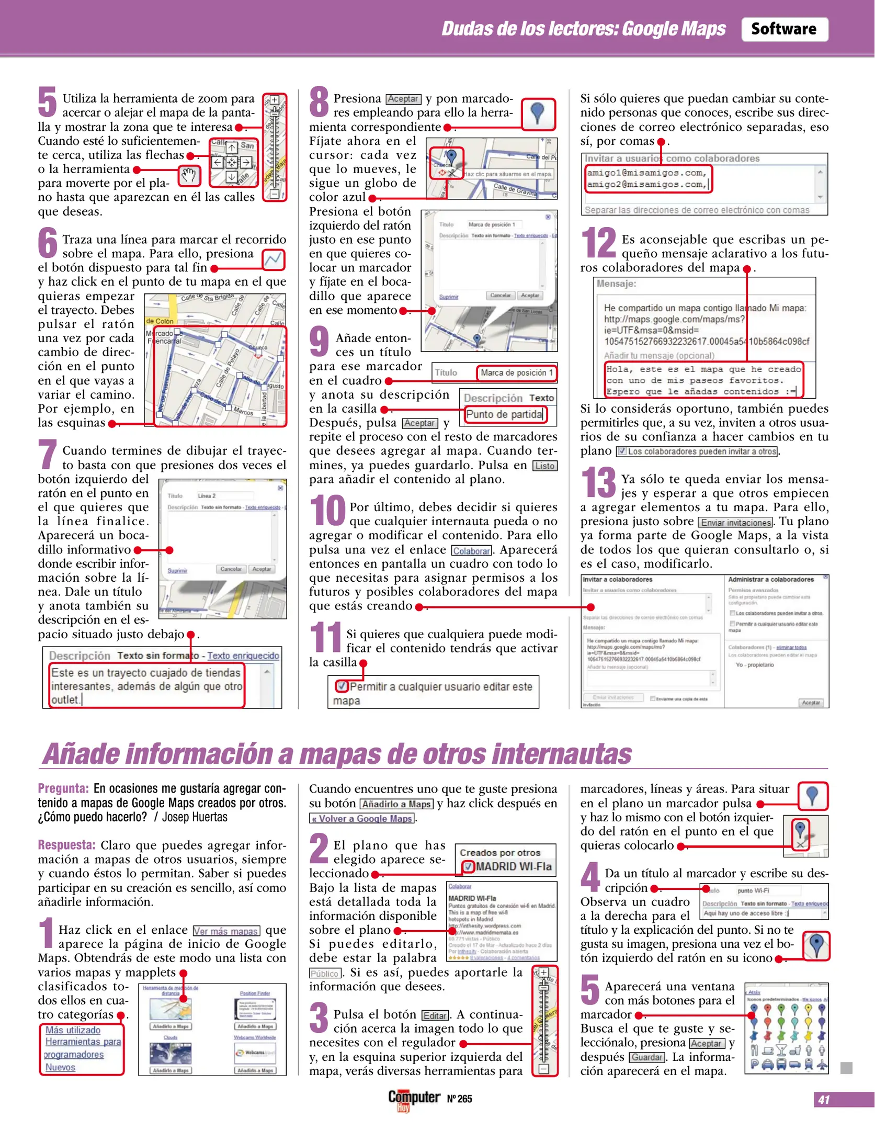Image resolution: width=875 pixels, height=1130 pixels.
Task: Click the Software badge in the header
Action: [783, 29]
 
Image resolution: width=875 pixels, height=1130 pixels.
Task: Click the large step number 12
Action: [598, 243]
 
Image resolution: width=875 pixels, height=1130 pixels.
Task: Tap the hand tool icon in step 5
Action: [189, 176]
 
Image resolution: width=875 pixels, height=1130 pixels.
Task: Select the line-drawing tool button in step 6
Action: [274, 260]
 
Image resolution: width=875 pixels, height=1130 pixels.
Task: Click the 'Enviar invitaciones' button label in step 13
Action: [735, 522]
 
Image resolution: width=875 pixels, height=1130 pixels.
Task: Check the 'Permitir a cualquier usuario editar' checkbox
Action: [341, 686]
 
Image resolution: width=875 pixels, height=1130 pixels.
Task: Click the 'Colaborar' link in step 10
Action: [471, 551]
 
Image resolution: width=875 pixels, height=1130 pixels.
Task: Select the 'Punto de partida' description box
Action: [504, 414]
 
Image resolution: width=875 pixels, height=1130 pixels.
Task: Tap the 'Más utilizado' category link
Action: [73, 1030]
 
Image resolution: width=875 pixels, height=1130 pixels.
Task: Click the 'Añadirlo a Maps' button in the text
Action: [396, 804]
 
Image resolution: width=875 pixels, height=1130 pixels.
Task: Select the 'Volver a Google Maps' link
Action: [362, 819]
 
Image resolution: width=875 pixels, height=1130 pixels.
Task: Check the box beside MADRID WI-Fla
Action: [468, 866]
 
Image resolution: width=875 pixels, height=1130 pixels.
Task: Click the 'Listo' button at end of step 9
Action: [544, 466]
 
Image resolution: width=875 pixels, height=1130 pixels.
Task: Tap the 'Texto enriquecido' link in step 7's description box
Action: [243, 656]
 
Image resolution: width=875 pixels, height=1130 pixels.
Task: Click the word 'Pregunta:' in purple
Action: [63, 789]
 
